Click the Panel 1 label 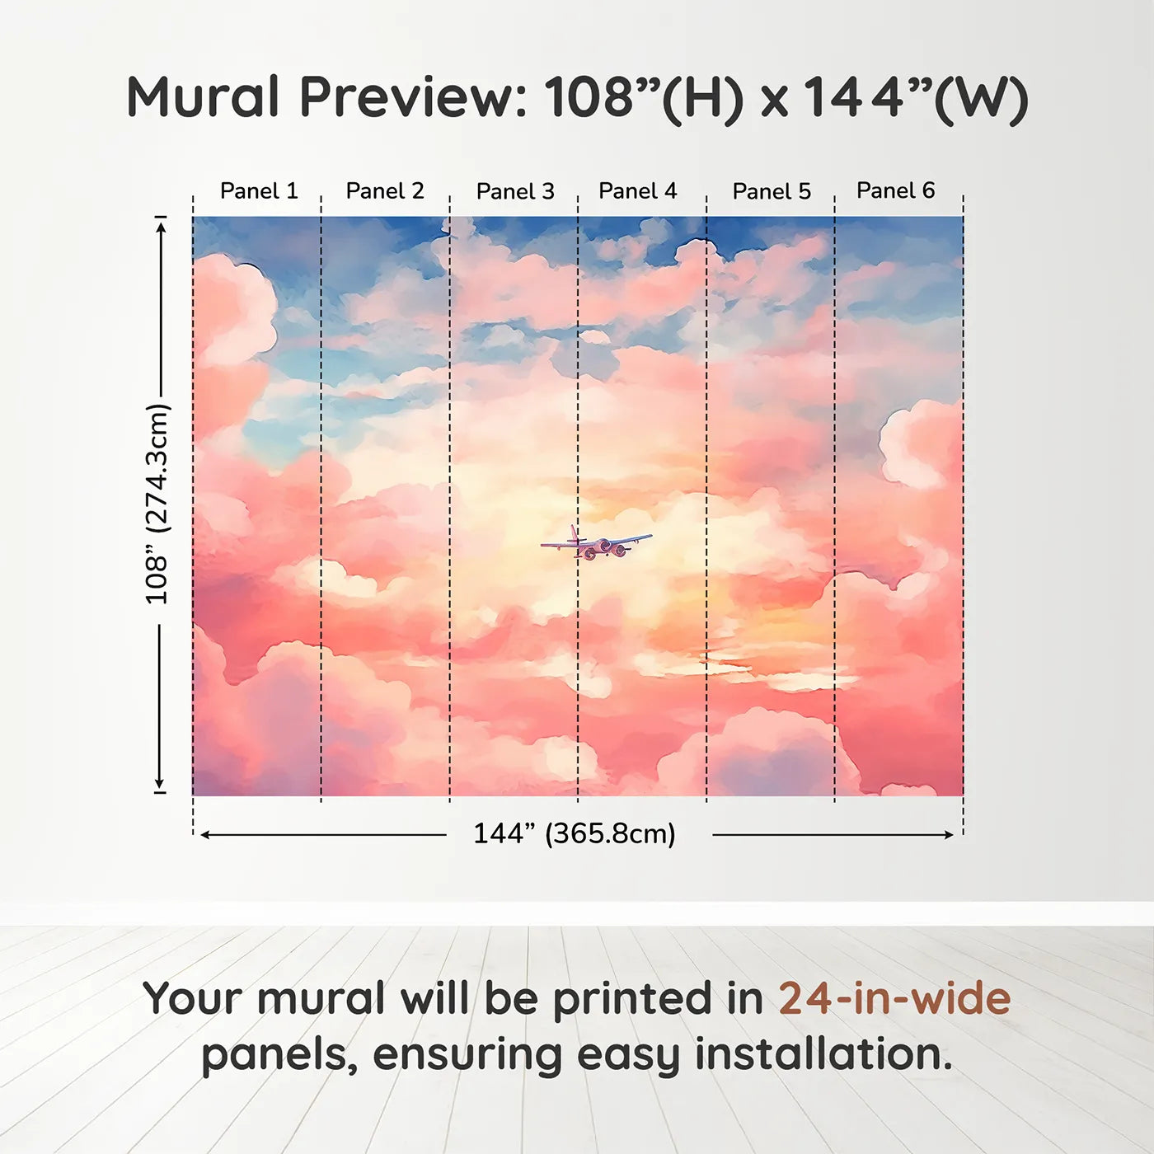point(259,190)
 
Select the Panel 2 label point(385,190)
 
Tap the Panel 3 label point(515,191)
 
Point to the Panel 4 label point(638,190)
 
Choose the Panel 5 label point(772,191)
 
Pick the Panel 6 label point(895,190)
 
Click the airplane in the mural point(596,542)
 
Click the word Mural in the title point(203,97)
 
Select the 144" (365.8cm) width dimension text point(575,833)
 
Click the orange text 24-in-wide point(894,998)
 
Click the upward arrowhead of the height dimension point(161,227)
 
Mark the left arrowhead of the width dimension point(205,835)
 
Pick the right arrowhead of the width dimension point(948,835)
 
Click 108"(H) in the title point(644,99)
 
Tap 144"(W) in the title point(914,99)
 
